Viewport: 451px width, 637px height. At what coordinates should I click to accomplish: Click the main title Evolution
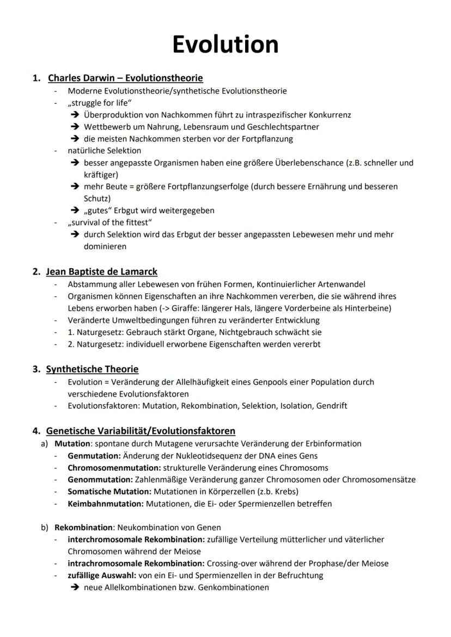point(225,44)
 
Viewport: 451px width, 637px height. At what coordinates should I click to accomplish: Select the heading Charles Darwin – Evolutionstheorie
point(125,78)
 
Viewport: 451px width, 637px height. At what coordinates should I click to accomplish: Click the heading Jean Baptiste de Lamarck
point(102,271)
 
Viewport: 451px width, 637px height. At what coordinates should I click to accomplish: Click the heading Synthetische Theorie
point(92,369)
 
